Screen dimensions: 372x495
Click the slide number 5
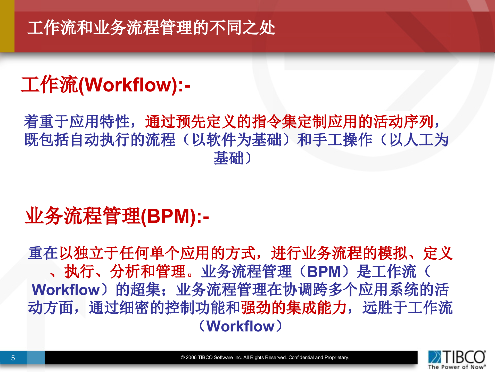tap(13, 358)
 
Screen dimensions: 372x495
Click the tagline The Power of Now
tap(457, 367)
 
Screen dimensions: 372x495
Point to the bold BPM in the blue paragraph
tap(324, 272)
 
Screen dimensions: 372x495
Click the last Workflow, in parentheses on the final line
tap(241, 326)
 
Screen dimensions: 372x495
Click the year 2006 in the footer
tap(191, 358)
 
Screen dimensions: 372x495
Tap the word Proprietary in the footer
tap(336, 358)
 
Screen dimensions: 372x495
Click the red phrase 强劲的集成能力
tap(294, 308)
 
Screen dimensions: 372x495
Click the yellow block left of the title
tap(7, 26)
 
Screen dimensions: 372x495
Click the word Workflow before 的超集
tap(66, 290)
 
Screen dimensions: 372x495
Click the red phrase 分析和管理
tap(148, 272)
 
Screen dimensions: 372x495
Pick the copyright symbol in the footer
tap(183, 358)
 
